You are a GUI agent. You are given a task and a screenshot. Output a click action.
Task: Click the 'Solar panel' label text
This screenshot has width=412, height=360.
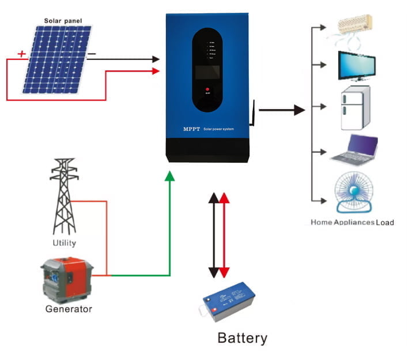(x=63, y=21)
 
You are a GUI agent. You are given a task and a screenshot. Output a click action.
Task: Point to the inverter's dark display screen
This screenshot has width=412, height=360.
(x=207, y=72)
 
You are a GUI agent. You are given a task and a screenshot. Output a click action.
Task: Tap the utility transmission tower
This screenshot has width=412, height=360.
(x=65, y=196)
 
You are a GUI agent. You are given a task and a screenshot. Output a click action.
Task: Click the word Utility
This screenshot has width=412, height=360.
(x=63, y=243)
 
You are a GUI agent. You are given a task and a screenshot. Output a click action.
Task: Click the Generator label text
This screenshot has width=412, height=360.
(x=69, y=309)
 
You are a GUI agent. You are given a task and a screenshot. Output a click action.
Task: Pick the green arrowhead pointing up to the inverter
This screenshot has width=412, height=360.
(x=169, y=177)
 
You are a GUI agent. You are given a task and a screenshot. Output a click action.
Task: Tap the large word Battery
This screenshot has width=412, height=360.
(x=242, y=337)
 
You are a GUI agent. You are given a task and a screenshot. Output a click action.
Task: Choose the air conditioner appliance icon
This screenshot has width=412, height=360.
(x=355, y=26)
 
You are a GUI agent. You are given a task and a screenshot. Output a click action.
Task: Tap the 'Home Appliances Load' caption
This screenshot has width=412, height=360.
(x=352, y=222)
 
